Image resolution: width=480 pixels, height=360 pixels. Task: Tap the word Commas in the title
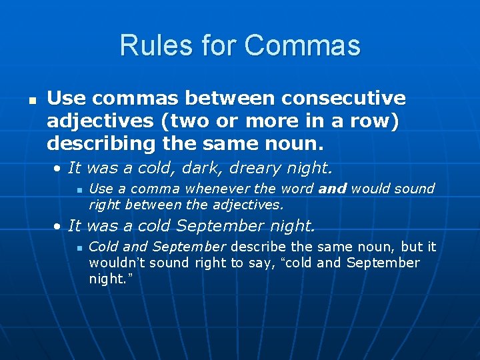(x=302, y=46)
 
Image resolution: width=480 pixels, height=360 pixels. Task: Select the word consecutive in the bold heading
(x=343, y=99)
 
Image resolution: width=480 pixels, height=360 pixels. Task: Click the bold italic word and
(x=333, y=189)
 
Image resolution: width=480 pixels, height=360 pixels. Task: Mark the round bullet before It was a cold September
(x=59, y=225)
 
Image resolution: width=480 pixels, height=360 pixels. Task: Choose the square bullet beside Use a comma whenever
(x=79, y=190)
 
